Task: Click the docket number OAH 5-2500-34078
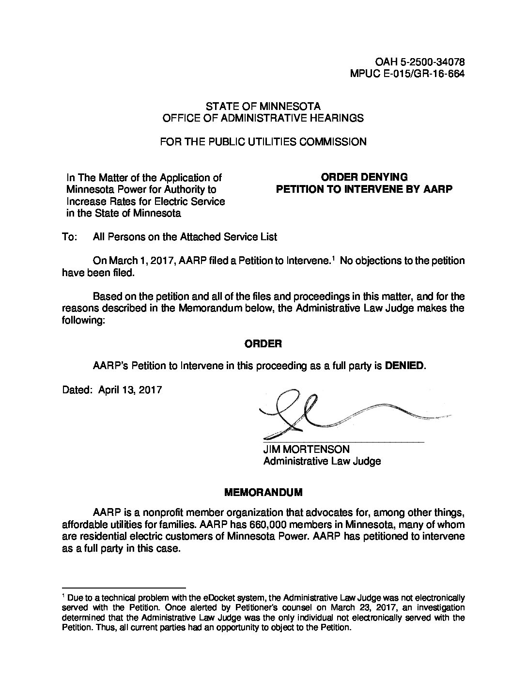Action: click(420, 62)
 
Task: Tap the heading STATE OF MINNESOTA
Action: click(263, 106)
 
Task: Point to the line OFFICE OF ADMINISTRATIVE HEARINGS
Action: click(263, 118)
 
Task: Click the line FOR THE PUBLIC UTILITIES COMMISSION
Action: click(263, 141)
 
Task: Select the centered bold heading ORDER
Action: click(263, 343)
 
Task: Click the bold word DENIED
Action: click(405, 366)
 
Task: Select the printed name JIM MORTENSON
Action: click(306, 449)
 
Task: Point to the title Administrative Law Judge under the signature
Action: click(322, 461)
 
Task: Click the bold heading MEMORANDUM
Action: click(263, 492)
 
